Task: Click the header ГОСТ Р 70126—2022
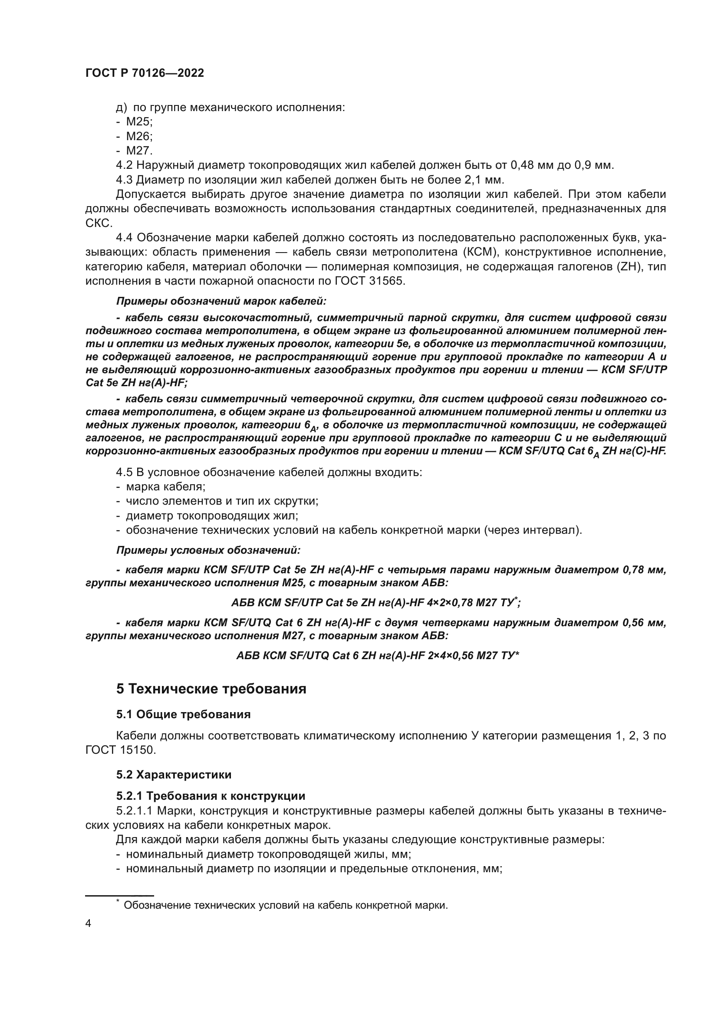(x=145, y=73)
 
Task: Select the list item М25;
(x=139, y=122)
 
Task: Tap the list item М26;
(x=139, y=136)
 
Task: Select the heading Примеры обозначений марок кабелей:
(x=221, y=302)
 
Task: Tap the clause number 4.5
(x=124, y=472)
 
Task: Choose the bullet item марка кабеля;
(x=165, y=487)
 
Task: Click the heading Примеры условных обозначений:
(x=208, y=550)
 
